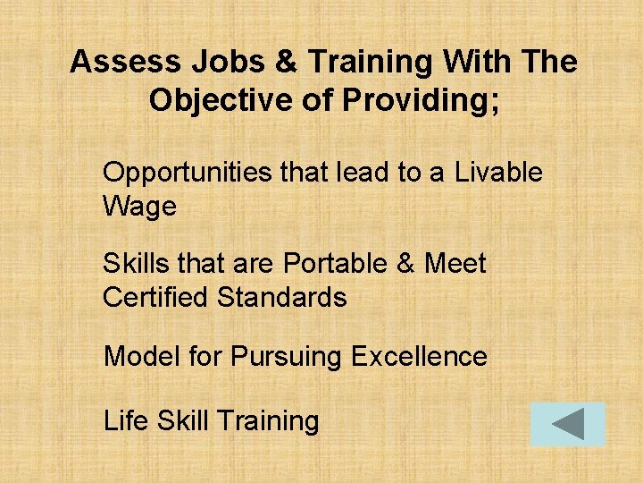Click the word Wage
click(139, 207)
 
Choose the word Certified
click(155, 297)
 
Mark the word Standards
click(282, 297)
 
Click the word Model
click(142, 357)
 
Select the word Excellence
click(419, 357)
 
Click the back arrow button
click(568, 424)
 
